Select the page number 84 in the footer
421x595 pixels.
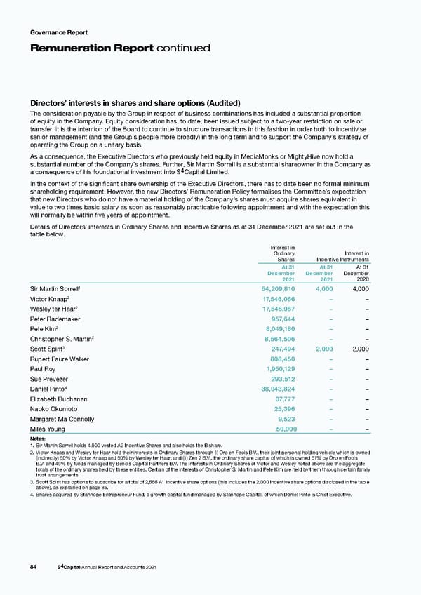[34, 568]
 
